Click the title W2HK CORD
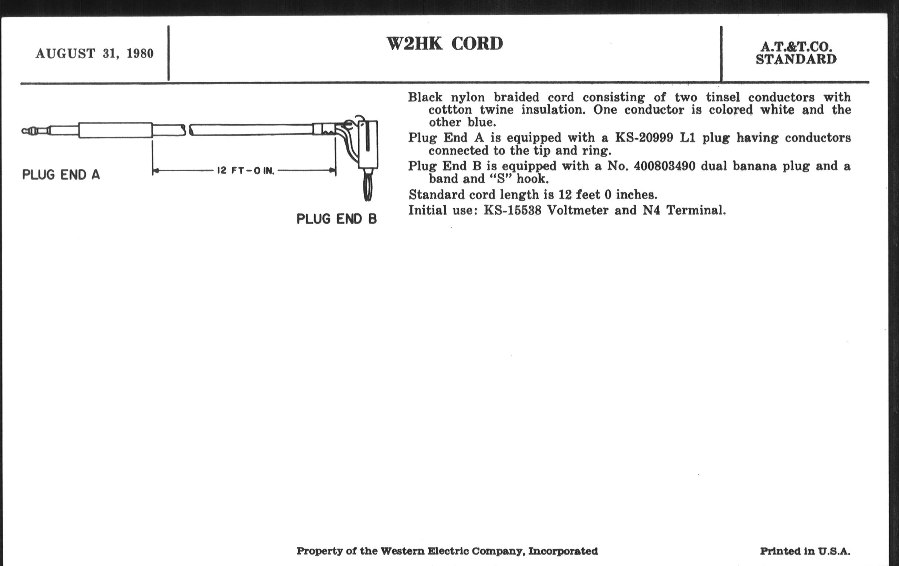click(445, 44)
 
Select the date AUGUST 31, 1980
click(95, 53)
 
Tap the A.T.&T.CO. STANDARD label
click(796, 53)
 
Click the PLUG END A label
click(61, 175)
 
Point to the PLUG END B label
click(337, 219)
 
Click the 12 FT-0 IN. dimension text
click(246, 171)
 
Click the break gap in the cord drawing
click(188, 130)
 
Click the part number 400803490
click(665, 166)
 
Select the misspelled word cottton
click(450, 110)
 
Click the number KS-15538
click(513, 210)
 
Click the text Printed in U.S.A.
click(805, 551)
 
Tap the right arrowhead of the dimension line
click(332, 171)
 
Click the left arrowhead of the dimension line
click(156, 171)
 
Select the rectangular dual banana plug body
click(368, 145)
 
